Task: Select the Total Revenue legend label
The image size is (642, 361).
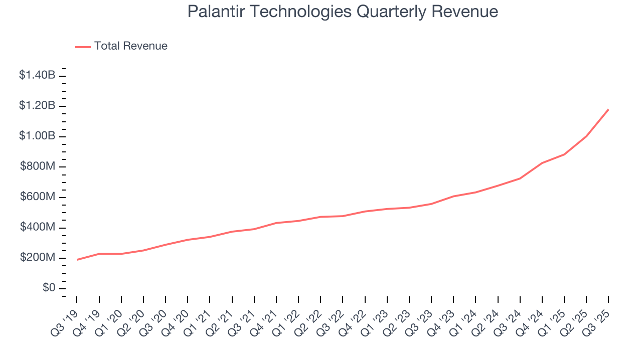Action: [130, 46]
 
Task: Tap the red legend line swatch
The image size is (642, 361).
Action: [83, 47]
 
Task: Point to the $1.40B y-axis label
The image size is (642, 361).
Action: [37, 75]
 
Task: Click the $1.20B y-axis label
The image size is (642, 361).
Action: [37, 106]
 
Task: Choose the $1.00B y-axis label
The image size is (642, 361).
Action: [37, 136]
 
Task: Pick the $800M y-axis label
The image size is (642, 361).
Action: [38, 166]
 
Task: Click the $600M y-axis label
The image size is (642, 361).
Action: [38, 197]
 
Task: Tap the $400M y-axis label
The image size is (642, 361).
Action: [38, 228]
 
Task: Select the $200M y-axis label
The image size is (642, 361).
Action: [38, 258]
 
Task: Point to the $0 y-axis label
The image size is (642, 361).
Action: [48, 288]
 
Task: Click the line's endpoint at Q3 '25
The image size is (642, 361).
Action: [608, 109]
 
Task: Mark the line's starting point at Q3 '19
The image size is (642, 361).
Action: [77, 260]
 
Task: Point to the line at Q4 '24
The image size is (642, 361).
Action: [542, 163]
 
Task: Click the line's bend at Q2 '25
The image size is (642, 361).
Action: [586, 136]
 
